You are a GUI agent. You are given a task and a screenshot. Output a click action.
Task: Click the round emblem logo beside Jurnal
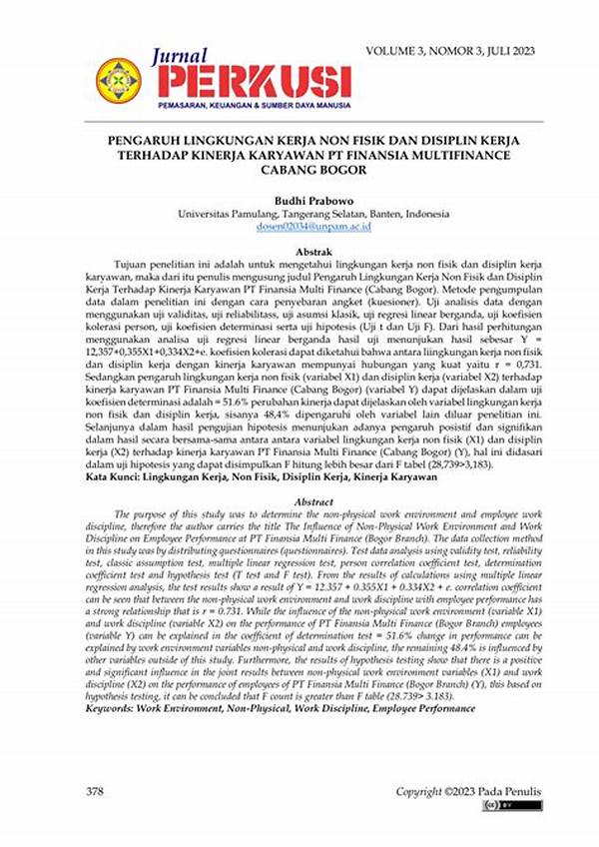[x=119, y=78]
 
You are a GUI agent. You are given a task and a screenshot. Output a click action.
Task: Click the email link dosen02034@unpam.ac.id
[x=299, y=228]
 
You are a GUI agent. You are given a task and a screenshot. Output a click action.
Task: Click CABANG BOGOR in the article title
[x=299, y=172]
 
